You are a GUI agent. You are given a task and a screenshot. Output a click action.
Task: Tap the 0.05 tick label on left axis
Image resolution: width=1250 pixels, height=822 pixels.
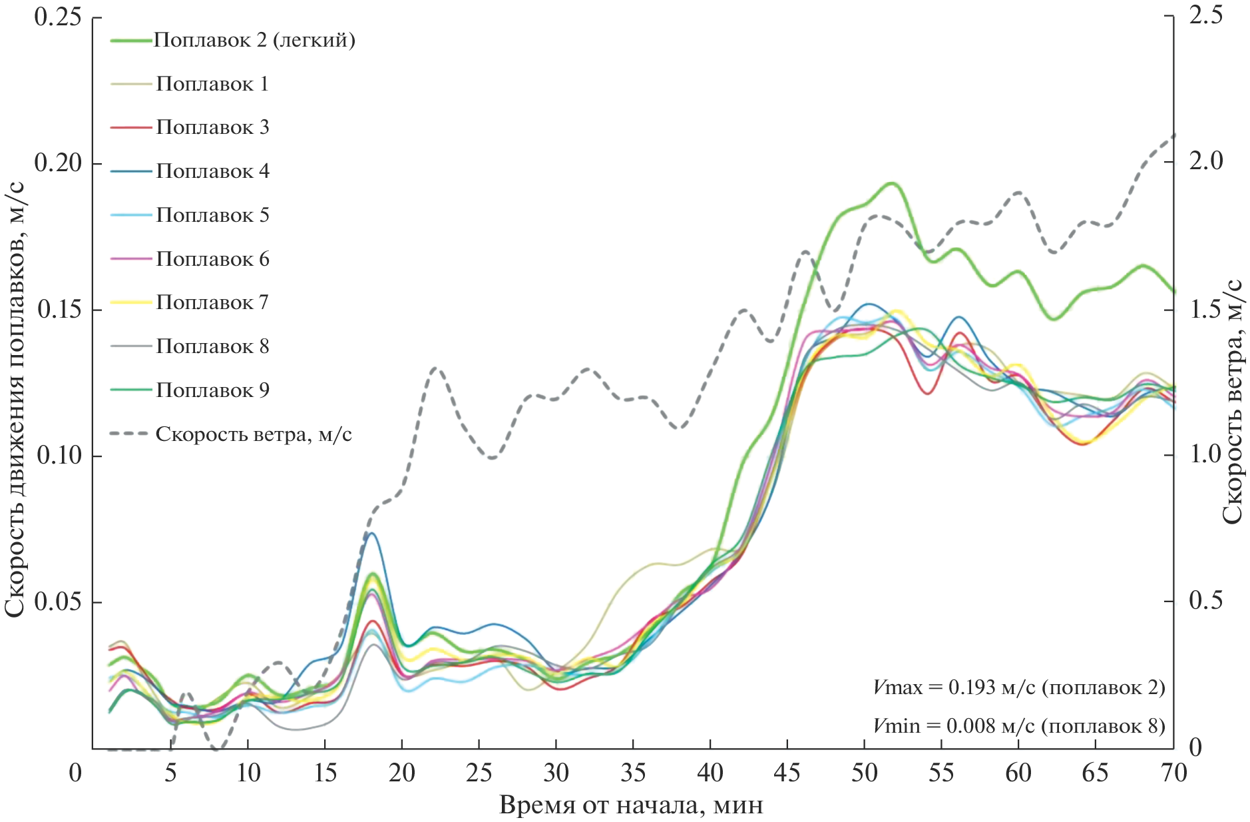point(58,601)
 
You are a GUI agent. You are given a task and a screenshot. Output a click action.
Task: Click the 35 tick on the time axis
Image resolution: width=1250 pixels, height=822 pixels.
point(633,773)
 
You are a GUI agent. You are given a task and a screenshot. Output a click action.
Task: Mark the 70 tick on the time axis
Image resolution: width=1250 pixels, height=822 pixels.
point(1173,773)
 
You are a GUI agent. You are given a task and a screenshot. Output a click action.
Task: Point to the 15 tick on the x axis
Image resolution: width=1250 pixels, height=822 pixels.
point(325,773)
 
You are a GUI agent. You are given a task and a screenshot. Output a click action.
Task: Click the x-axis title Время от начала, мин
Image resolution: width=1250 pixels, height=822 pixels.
point(631,805)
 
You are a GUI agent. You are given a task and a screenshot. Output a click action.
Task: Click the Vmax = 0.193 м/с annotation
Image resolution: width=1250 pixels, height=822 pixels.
point(1019,687)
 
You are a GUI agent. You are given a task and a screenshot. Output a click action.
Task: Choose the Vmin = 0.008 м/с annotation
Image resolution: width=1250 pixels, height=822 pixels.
point(1019,725)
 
